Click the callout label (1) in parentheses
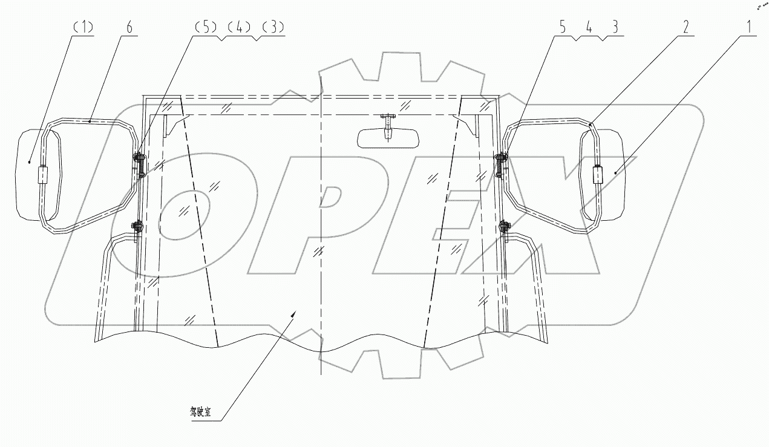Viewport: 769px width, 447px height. [82, 28]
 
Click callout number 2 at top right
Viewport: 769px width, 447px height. [686, 28]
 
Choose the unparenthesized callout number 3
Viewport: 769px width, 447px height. [614, 28]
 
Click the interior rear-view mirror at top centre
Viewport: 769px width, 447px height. [387, 139]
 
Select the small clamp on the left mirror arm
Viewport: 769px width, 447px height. [43, 175]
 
